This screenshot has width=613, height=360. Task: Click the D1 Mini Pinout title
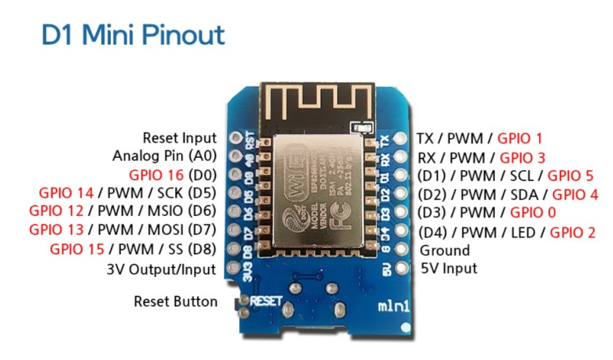pyautogui.click(x=133, y=35)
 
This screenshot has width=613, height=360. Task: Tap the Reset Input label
pyautogui.click(x=179, y=138)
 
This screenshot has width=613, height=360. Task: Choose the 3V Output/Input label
pyautogui.click(x=161, y=269)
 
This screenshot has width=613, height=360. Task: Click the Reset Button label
pyautogui.click(x=175, y=301)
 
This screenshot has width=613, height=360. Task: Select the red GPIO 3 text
pyautogui.click(x=522, y=158)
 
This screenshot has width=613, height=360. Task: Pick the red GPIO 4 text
pyautogui.click(x=575, y=194)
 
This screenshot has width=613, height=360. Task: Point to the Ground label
pyautogui.click(x=445, y=250)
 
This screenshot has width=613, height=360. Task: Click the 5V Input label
pyautogui.click(x=448, y=268)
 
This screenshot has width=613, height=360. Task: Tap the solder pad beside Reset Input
pyautogui.click(x=235, y=139)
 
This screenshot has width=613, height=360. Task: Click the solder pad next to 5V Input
pyautogui.click(x=399, y=267)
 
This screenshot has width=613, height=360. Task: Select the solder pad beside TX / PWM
pyautogui.click(x=399, y=139)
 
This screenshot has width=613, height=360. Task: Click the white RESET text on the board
pyautogui.click(x=266, y=300)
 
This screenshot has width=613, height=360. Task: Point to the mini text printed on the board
pyautogui.click(x=395, y=306)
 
